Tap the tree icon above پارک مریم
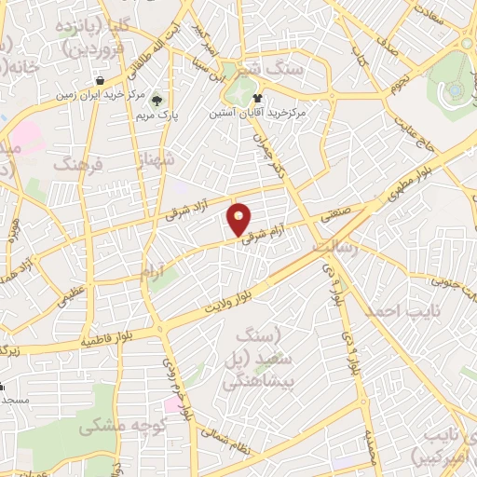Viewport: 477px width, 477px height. tap(156, 100)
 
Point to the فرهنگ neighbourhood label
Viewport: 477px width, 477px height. tap(80, 164)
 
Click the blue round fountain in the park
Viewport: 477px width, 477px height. tap(453, 90)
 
